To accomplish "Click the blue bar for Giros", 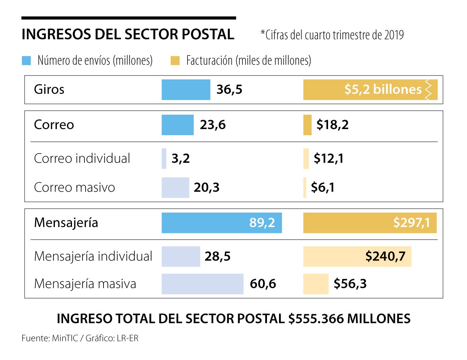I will [x=186, y=90].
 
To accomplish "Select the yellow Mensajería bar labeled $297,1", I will [x=370, y=223].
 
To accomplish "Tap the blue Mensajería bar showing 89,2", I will [x=221, y=223].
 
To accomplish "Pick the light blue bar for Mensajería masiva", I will [x=202, y=284].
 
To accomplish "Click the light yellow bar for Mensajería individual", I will [x=357, y=257].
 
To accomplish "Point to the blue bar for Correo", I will [x=177, y=125].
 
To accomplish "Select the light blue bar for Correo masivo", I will [x=175, y=188].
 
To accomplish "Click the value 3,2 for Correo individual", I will [x=180, y=159].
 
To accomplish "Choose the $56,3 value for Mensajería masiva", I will [x=349, y=284].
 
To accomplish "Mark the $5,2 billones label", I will [x=383, y=90].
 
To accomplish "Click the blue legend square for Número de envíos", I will [x=26, y=61].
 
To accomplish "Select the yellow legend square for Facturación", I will [x=175, y=61].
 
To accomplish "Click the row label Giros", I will [x=49, y=90].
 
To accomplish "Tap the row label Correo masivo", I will [x=74, y=188].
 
